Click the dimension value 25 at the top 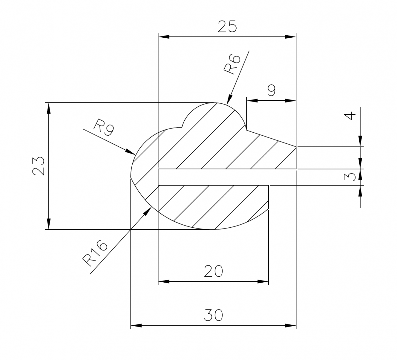tap(227, 26)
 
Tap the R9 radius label tap(104, 128)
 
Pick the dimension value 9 tap(271, 90)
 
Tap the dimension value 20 tap(213, 271)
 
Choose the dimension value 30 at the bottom tap(213, 315)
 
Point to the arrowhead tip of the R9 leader tap(135, 155)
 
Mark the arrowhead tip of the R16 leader tap(152, 207)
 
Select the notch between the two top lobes tap(182, 127)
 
